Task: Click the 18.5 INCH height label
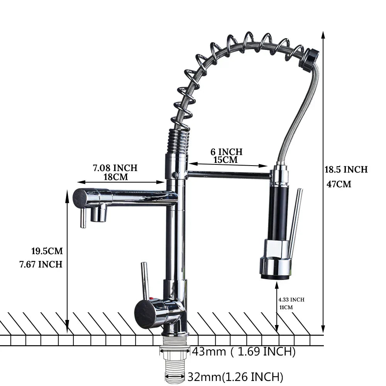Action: coord(346,169)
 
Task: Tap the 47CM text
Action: coord(339,184)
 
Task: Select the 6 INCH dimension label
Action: coord(226,152)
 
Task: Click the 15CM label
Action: coord(226,160)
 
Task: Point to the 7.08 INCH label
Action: coord(115,168)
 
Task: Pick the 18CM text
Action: coord(115,177)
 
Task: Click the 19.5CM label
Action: coord(47,251)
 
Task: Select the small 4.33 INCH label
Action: coord(291,300)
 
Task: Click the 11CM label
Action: coord(286,308)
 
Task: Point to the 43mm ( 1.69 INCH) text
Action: coord(244,352)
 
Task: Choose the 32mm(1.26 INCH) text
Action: coord(235,376)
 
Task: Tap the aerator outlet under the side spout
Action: coord(99,213)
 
